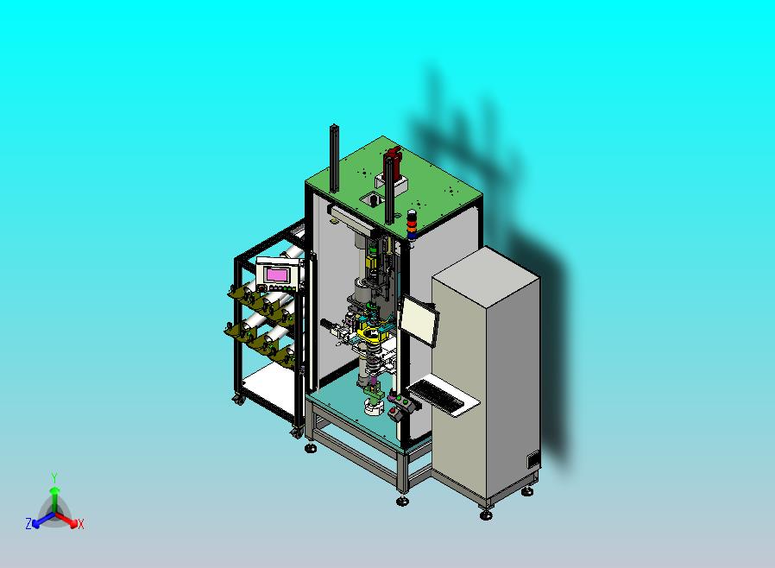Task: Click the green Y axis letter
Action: click(x=54, y=477)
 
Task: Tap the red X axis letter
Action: click(x=81, y=524)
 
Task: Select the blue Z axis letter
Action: click(x=28, y=524)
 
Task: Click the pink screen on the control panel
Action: click(x=277, y=275)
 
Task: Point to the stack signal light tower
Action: click(x=412, y=224)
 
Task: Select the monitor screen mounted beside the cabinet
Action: click(x=419, y=320)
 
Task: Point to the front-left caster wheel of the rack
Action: click(x=236, y=398)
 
